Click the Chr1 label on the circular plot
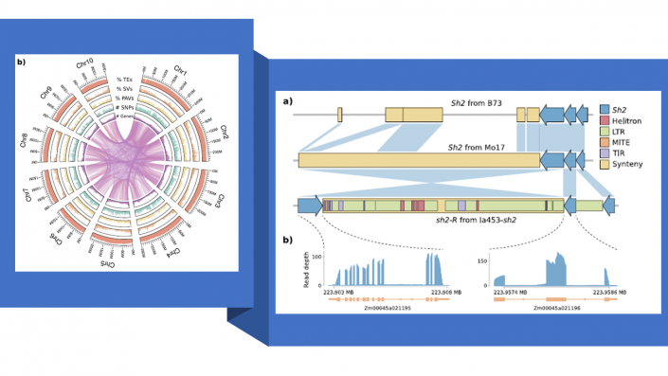click(x=180, y=71)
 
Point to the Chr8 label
click(x=23, y=140)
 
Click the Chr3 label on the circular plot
click(x=217, y=201)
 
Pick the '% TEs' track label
click(x=124, y=80)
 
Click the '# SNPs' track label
click(x=124, y=107)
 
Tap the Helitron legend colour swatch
click(x=605, y=122)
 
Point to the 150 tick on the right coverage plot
click(x=482, y=260)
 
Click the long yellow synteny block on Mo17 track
click(x=417, y=161)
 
